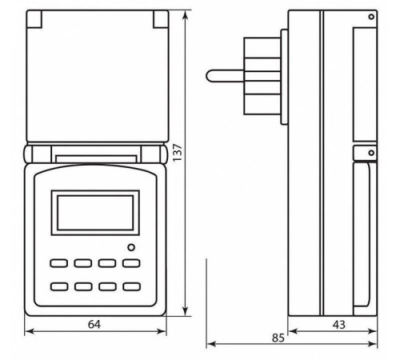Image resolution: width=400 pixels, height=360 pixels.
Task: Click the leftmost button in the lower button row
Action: pyautogui.click(x=58, y=286)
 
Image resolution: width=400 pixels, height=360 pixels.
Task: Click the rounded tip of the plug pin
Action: pyautogui.click(x=210, y=75)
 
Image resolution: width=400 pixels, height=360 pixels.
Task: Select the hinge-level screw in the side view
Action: pyautogui.click(x=370, y=149)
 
